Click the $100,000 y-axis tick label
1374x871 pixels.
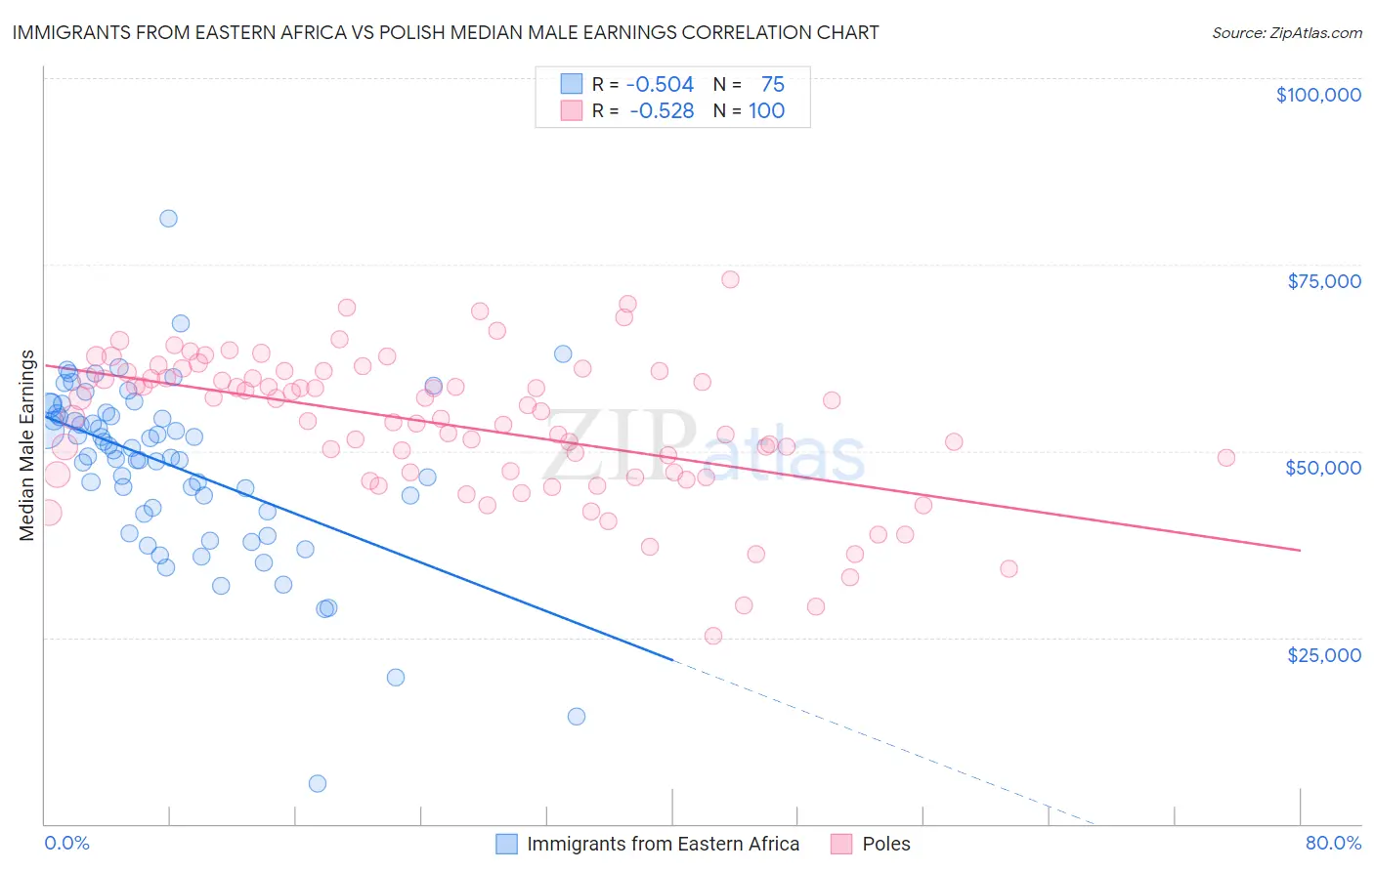pyautogui.click(x=1317, y=95)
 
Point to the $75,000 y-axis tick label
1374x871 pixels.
pyautogui.click(x=1323, y=281)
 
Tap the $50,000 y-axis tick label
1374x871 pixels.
pyautogui.click(x=1322, y=468)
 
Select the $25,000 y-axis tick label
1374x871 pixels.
pyautogui.click(x=1323, y=654)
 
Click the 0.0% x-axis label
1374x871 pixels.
pyautogui.click(x=66, y=843)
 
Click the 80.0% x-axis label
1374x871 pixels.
pyautogui.click(x=1333, y=843)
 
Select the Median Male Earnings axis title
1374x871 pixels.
pyautogui.click(x=26, y=445)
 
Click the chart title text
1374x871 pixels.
pyautogui.click(x=446, y=32)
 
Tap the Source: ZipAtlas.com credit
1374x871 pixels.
pyautogui.click(x=1286, y=32)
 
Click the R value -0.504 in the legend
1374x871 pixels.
pyautogui.click(x=660, y=85)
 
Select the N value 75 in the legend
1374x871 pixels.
pyautogui.click(x=772, y=85)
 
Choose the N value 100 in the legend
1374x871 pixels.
pyautogui.click(x=766, y=110)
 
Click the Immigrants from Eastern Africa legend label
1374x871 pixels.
pyautogui.click(x=663, y=844)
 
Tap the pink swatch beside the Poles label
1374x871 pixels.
pyautogui.click(x=841, y=844)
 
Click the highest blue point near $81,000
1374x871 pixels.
pyautogui.click(x=168, y=219)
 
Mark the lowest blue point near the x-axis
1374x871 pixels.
pyautogui.click(x=318, y=783)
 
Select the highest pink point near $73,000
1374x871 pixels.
pyautogui.click(x=730, y=279)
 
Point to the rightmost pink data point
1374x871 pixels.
pyautogui.click(x=1225, y=458)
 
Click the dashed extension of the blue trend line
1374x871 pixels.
pyautogui.click(x=880, y=742)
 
